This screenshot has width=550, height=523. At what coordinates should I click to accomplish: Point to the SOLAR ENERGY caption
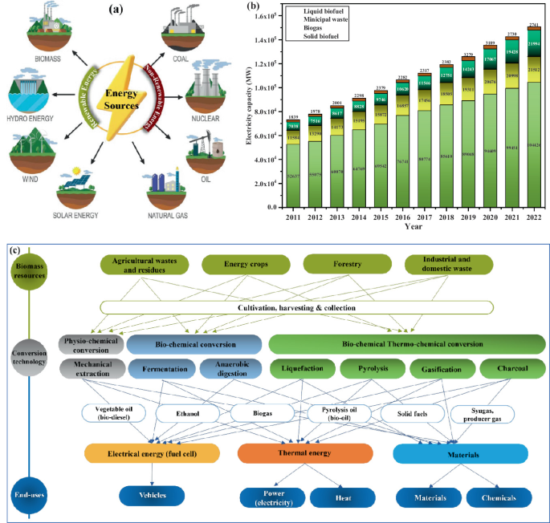[x=81, y=215]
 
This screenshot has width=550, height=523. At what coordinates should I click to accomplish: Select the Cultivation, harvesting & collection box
[x=297, y=307]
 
